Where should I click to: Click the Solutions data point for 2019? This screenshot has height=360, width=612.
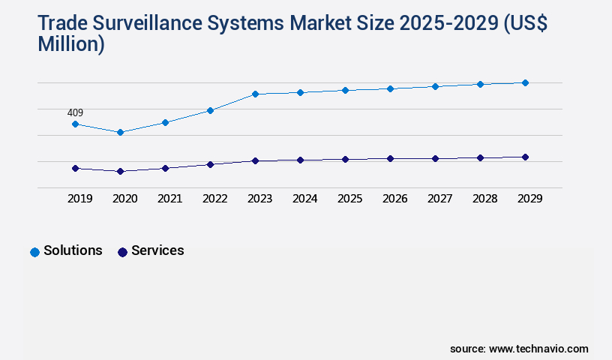tap(75, 124)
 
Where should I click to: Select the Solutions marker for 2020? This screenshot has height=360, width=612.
tap(120, 132)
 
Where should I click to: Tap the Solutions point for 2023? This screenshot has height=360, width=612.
tap(255, 94)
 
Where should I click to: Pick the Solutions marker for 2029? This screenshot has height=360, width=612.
tap(525, 82)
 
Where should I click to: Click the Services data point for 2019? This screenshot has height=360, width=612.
tap(75, 168)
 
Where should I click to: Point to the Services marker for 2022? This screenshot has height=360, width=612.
tap(210, 164)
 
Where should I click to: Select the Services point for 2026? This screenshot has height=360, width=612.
tap(390, 158)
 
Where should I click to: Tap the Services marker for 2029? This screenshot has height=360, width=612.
tap(525, 157)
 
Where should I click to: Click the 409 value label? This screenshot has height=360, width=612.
tap(75, 113)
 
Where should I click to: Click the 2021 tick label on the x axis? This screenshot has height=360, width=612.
tap(169, 199)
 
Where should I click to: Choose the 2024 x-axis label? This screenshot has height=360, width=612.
tap(304, 199)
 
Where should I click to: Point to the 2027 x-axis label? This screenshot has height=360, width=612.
tap(439, 199)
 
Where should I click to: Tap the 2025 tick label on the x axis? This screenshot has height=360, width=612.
tap(349, 199)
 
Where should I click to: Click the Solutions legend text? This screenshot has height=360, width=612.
tap(73, 250)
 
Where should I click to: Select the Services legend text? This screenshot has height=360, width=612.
tap(157, 250)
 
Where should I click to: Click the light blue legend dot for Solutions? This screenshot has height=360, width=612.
tap(34, 252)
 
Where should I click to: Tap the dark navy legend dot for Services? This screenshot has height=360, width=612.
tap(122, 252)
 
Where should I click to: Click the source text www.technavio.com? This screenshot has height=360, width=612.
tap(538, 349)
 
